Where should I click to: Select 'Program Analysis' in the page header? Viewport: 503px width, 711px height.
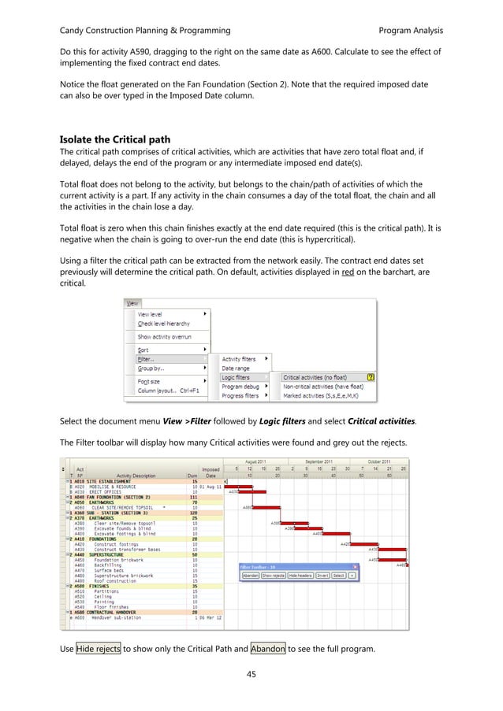(x=411, y=30)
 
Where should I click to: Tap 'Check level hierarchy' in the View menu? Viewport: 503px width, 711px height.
(x=164, y=323)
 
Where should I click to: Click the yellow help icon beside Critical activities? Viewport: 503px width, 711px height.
(x=371, y=377)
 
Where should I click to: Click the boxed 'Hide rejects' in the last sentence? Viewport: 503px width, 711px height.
(x=99, y=648)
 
